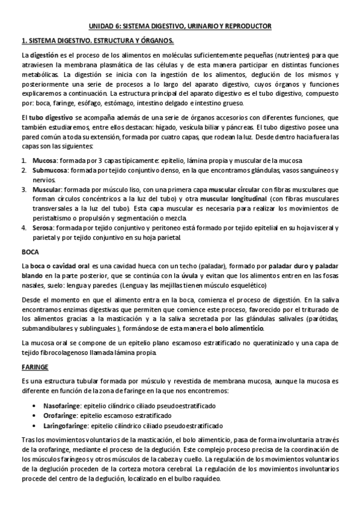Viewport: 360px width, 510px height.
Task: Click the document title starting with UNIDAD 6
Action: click(180, 26)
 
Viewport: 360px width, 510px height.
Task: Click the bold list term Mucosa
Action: click(44, 161)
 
